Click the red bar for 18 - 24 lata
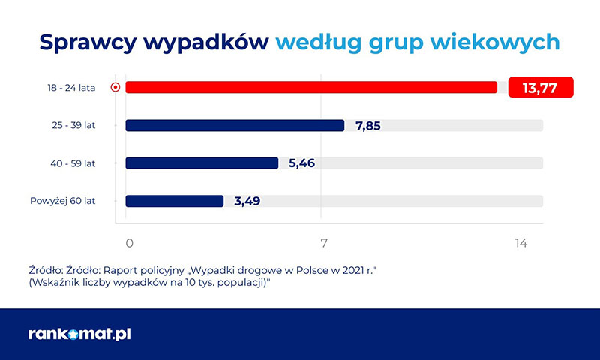[x=311, y=87]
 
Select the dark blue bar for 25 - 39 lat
[x=235, y=125]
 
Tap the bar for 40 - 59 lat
[x=202, y=163]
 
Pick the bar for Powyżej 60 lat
[x=175, y=201]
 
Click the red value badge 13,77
[x=541, y=87]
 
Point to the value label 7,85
[x=368, y=126]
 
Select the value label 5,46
[x=302, y=163]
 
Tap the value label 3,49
[x=247, y=201]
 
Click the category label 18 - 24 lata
[x=71, y=88]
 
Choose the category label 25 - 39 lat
[x=73, y=125]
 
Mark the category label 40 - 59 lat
[x=73, y=163]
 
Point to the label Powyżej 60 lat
[x=63, y=201]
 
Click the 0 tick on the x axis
[x=130, y=243]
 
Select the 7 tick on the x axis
[x=324, y=243]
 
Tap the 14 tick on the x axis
[x=521, y=243]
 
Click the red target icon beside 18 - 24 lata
[x=115, y=87]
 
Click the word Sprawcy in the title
[x=88, y=42]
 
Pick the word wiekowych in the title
[x=495, y=42]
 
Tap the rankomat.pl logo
[x=79, y=334]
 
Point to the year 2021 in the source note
[x=353, y=270]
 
